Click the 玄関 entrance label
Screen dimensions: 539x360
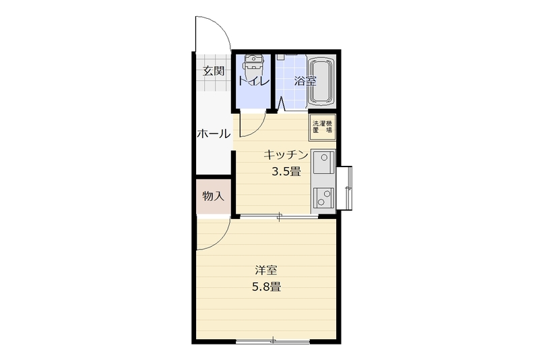point(214,71)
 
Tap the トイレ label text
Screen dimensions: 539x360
point(253,82)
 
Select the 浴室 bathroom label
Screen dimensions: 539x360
point(305,81)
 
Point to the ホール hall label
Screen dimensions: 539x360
point(214,133)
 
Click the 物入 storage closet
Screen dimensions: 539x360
point(213,196)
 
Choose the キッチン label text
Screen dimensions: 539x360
point(286,155)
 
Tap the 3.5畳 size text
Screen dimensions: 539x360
point(286,171)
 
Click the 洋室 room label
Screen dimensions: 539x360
point(266,270)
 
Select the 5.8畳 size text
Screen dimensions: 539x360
point(266,287)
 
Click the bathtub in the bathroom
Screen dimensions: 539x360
point(321,82)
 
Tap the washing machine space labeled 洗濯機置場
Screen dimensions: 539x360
point(322,127)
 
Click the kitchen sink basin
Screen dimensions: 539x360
point(323,162)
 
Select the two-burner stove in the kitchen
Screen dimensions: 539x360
point(323,198)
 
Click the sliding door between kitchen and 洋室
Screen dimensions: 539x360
point(279,216)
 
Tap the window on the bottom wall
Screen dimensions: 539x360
point(273,341)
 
